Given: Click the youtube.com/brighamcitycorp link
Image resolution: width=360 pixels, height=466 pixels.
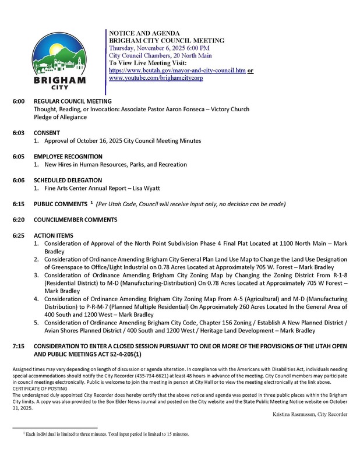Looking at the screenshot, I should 156,77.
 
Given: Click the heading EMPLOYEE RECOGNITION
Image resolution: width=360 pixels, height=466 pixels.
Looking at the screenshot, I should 68,157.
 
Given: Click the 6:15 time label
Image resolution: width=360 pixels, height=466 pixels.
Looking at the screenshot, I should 19,204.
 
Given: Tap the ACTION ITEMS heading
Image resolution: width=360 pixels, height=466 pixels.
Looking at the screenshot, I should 54,235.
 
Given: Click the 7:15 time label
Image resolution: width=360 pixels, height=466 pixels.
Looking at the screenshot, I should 19,345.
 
